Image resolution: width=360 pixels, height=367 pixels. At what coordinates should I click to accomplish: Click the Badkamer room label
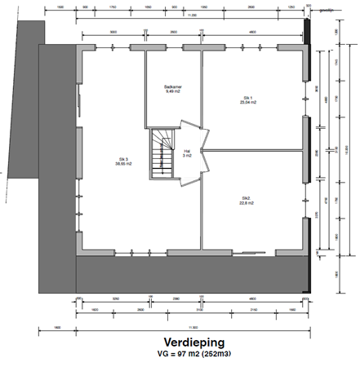(x=172, y=86)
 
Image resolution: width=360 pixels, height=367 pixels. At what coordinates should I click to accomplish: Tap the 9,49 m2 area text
(x=172, y=92)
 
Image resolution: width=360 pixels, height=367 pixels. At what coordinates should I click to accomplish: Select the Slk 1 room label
(x=244, y=96)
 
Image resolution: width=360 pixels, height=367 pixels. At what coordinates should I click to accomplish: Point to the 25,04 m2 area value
(x=244, y=103)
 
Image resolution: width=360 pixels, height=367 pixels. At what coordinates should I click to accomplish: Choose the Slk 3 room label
(x=123, y=159)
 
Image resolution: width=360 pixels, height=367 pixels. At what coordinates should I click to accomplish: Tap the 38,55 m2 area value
(x=123, y=165)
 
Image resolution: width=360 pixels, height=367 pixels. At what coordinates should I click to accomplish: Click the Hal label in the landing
(x=187, y=150)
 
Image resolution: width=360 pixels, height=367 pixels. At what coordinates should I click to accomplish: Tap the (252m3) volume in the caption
(x=214, y=355)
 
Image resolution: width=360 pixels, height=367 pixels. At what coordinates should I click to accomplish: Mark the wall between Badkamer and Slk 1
(x=200, y=82)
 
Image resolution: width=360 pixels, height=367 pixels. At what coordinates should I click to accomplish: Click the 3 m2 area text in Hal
(x=187, y=156)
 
